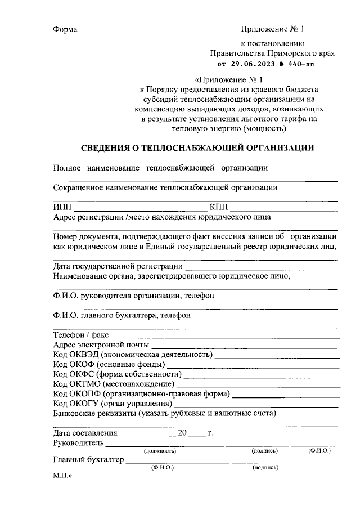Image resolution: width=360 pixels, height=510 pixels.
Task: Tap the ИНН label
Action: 62,207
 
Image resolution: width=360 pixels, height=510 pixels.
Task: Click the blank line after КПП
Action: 284,209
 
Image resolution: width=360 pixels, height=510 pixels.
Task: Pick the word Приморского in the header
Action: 285,53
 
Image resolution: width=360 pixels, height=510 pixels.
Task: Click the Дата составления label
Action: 85,433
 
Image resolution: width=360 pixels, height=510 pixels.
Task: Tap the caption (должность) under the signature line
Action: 160,451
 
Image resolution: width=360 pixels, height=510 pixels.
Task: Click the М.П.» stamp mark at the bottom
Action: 63,475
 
